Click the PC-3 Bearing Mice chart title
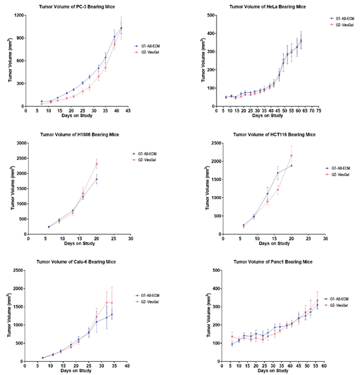click(x=76, y=6)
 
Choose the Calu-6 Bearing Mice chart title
click(x=76, y=262)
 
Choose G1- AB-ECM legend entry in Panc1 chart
click(x=341, y=298)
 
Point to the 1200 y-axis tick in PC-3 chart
click(x=18, y=14)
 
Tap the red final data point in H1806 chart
click(x=96, y=164)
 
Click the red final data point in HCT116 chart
click(x=292, y=156)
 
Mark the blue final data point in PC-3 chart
click(x=121, y=28)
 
